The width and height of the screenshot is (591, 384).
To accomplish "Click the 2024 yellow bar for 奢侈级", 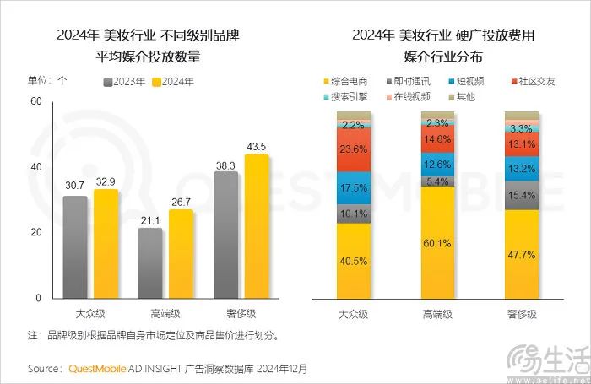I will [x=257, y=226].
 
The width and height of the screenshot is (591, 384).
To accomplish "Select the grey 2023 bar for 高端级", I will [x=150, y=262].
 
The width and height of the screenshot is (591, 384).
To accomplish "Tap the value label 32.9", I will [x=106, y=181].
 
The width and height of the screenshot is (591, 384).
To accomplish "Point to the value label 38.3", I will [x=225, y=166].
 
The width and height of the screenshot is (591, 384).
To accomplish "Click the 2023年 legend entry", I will [x=124, y=82].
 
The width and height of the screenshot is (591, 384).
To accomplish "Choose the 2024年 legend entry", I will [x=173, y=82].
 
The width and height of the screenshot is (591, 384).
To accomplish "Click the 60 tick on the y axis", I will [x=35, y=101].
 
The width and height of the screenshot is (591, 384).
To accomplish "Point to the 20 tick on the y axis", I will [x=35, y=233].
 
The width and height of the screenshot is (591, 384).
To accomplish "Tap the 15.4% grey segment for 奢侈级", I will [x=521, y=195].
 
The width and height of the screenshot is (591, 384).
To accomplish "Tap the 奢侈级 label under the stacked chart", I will [x=521, y=315].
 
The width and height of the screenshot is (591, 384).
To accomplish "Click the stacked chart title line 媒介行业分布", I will [x=446, y=57].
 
